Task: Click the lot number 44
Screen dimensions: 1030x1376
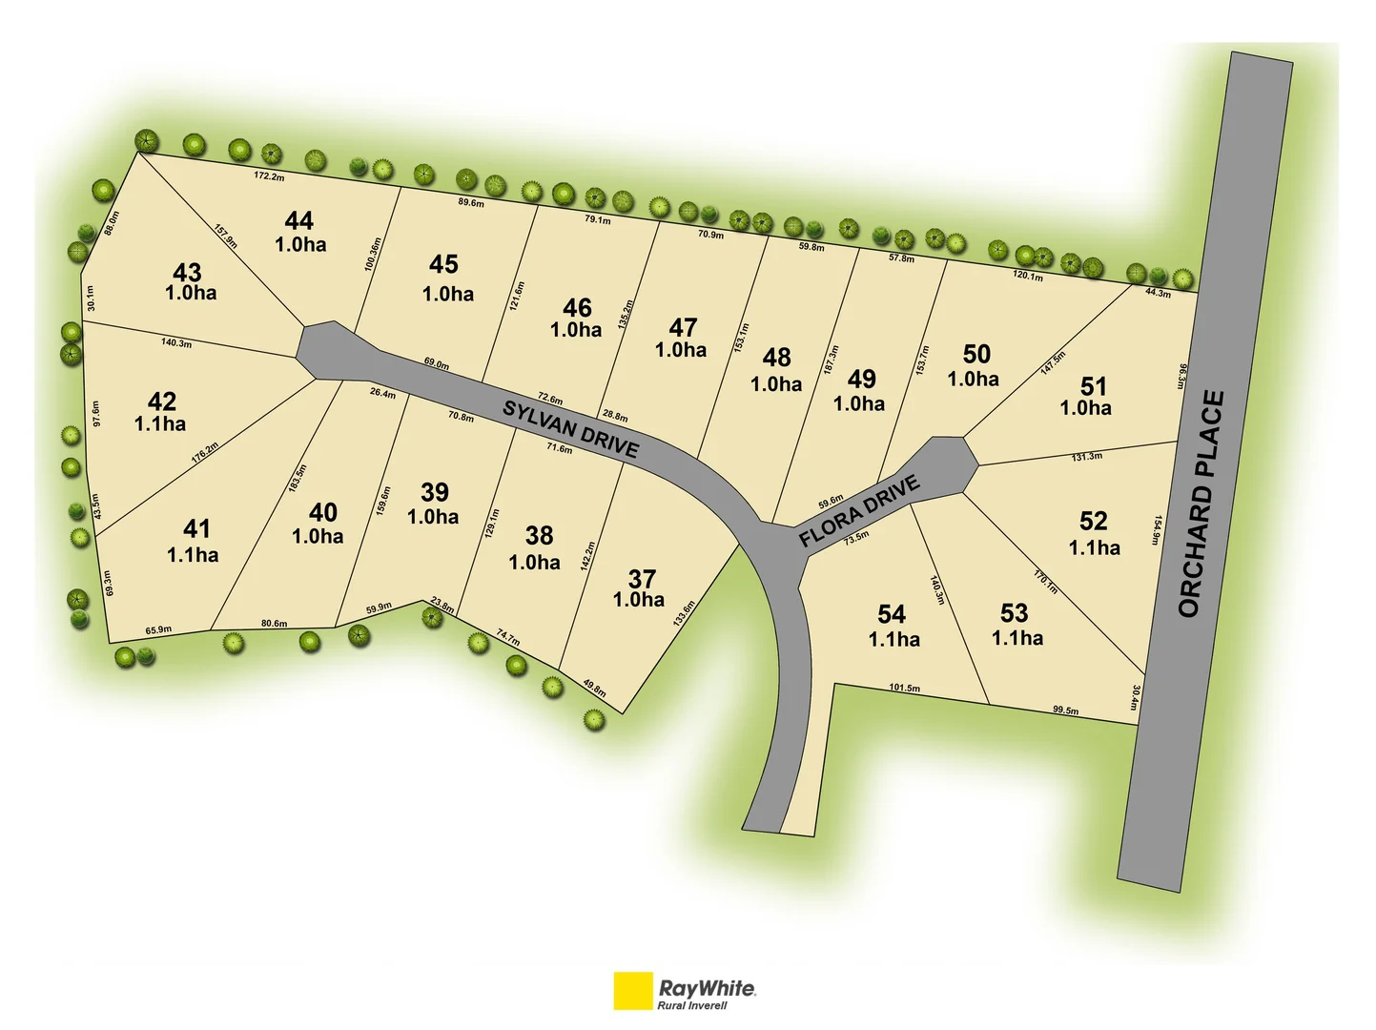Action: tap(298, 221)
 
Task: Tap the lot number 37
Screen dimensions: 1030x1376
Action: tap(642, 579)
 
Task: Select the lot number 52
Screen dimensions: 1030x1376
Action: tap(1093, 521)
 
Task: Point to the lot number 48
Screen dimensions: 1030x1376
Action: tap(776, 358)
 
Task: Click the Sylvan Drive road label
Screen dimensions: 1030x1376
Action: tap(570, 429)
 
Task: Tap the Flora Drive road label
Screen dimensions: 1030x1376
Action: tap(859, 511)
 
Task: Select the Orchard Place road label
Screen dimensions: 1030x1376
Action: tap(1201, 504)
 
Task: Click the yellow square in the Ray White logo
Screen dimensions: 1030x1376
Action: tap(632, 991)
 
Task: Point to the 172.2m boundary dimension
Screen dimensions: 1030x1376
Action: tap(269, 176)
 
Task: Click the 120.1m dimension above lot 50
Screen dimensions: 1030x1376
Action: tap(1027, 277)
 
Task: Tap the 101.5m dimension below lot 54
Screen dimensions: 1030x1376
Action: tap(904, 688)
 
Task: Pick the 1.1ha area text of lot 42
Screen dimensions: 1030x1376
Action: tap(160, 424)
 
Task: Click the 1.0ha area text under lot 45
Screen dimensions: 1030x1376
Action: tap(448, 294)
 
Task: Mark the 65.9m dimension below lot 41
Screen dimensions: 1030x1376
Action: tap(158, 629)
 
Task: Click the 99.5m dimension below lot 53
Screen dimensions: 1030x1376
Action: tap(1065, 711)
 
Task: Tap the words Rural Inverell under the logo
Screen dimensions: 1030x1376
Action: tap(691, 1005)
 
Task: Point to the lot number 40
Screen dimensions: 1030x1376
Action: tap(322, 512)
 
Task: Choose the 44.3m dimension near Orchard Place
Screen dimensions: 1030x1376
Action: tap(1158, 293)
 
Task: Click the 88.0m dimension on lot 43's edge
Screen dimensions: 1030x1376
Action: tap(112, 223)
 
